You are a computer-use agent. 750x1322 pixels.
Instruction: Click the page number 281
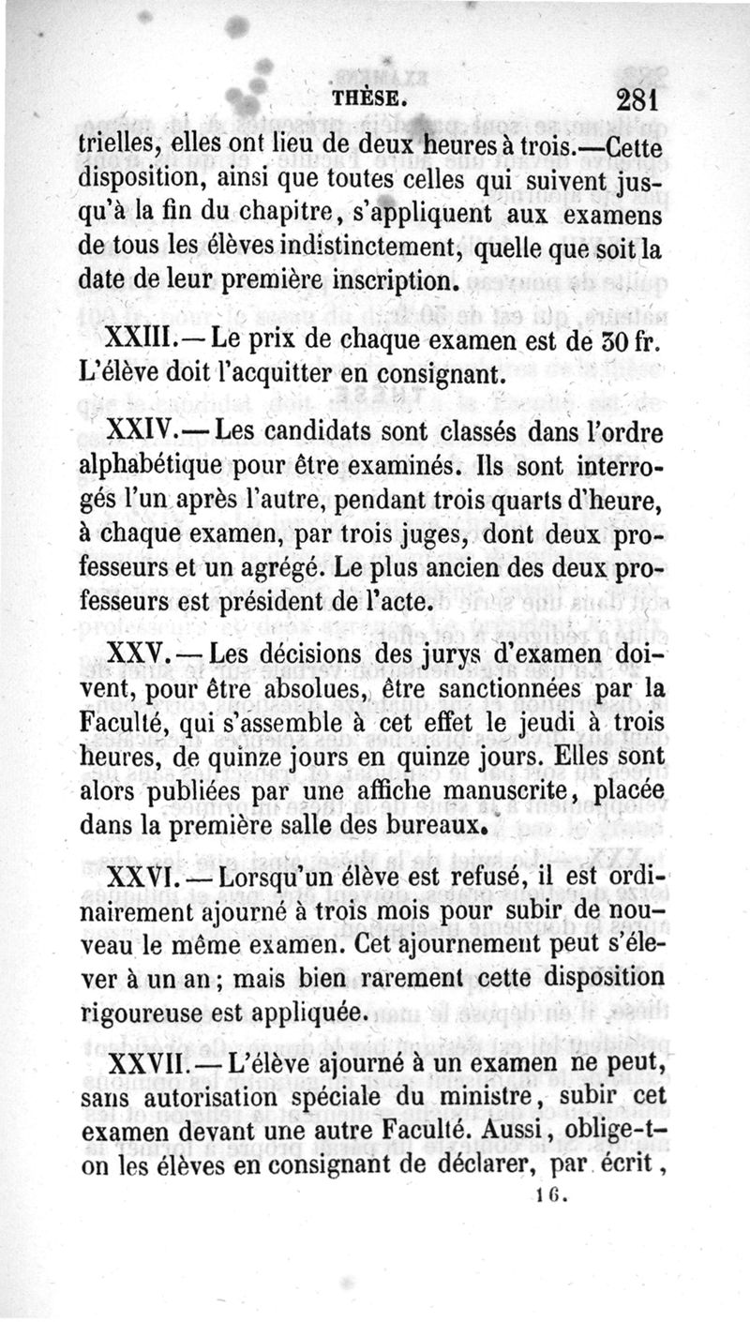(x=639, y=100)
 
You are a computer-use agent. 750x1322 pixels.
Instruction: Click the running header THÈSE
(x=369, y=98)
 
